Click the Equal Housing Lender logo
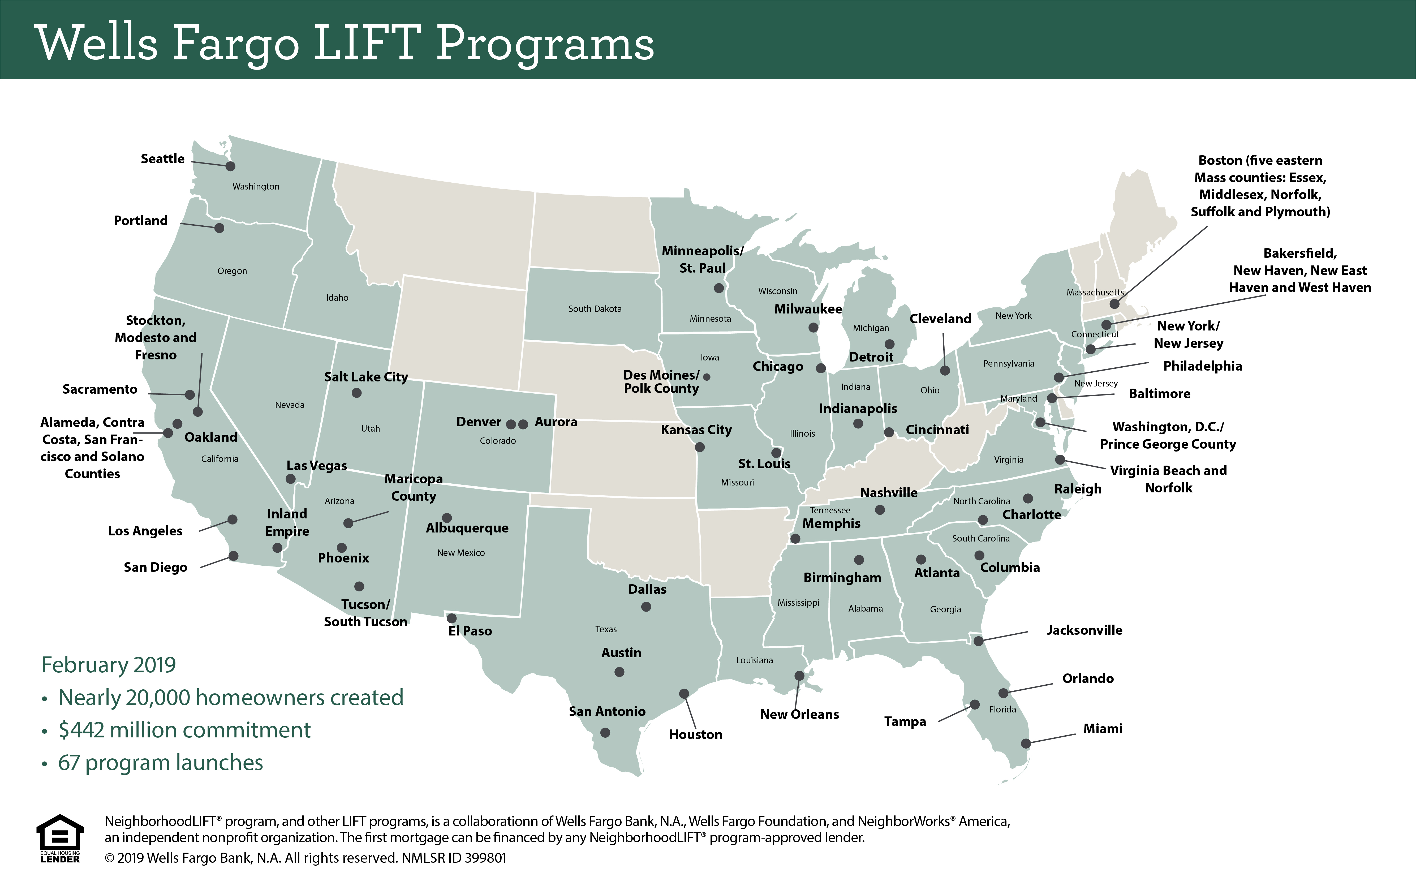60,838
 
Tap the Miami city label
1102,729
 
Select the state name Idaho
337,297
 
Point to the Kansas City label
696,429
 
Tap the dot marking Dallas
646,607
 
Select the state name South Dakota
595,308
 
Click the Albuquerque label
467,528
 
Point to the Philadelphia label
1202,366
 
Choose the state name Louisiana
754,660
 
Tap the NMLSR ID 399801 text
454,858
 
